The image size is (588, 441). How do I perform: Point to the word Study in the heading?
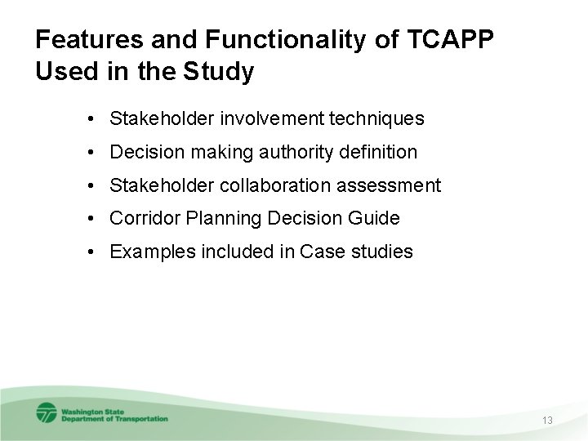223,72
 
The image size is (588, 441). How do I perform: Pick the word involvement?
274,119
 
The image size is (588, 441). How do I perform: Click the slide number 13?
547,420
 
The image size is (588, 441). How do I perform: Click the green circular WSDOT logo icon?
46,413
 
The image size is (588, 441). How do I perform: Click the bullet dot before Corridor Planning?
96,218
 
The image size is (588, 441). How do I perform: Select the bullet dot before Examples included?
96,252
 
